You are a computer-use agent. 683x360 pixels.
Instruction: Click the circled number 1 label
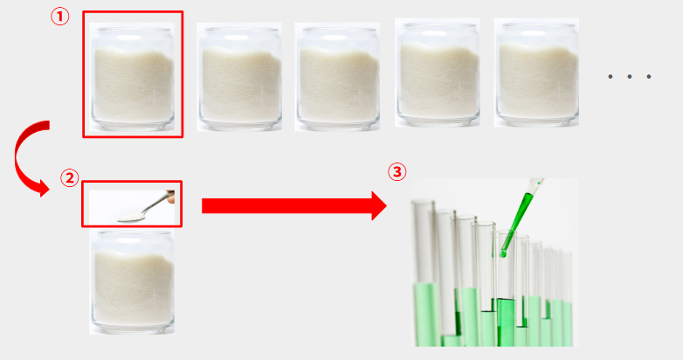coord(60,17)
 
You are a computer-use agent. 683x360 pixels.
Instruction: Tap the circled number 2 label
coord(69,178)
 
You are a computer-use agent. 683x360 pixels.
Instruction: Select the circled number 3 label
coord(397,172)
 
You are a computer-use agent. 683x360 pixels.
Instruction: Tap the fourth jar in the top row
coord(438,74)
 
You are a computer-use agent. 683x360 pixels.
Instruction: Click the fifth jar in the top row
coord(536,74)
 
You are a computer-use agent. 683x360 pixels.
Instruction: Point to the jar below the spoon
coord(133,282)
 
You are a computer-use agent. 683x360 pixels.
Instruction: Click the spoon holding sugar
coord(144,207)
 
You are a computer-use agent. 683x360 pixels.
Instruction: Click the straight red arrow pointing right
coord(294,205)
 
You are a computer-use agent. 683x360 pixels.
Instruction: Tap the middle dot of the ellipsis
coord(630,77)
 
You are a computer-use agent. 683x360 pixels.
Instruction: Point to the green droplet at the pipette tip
coord(504,253)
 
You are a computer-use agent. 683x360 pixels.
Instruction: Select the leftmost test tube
coord(425,273)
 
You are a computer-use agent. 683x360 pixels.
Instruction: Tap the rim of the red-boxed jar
coord(133,30)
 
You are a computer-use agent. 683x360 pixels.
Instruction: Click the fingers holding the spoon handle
coord(171,197)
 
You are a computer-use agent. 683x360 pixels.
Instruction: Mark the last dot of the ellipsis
coord(649,77)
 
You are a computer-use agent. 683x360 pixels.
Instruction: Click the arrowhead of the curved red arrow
coord(43,188)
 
